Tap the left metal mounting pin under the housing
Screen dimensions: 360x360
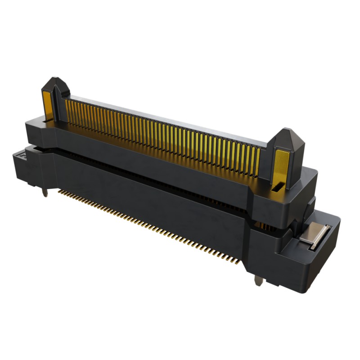click(x=45, y=192)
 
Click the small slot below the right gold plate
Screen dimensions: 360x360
click(x=279, y=186)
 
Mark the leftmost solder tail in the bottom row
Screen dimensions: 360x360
click(x=60, y=191)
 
